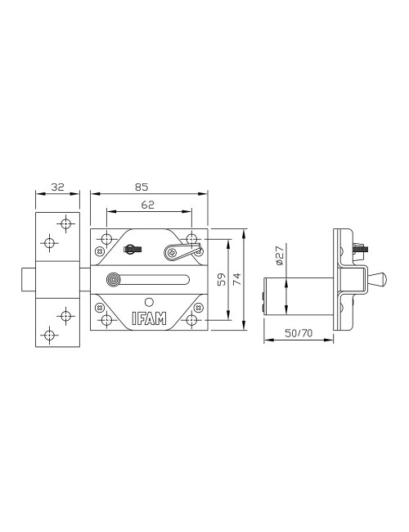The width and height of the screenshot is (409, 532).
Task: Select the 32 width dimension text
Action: [x=57, y=187]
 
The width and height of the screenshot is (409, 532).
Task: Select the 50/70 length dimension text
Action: [x=299, y=333]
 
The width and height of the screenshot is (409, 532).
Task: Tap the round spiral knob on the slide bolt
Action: [x=114, y=280]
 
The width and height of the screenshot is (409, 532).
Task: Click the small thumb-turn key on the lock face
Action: [x=132, y=249]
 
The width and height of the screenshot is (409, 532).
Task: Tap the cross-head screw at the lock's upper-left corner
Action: [x=100, y=251]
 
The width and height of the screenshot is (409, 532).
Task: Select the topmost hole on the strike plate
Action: [x=65, y=224]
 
